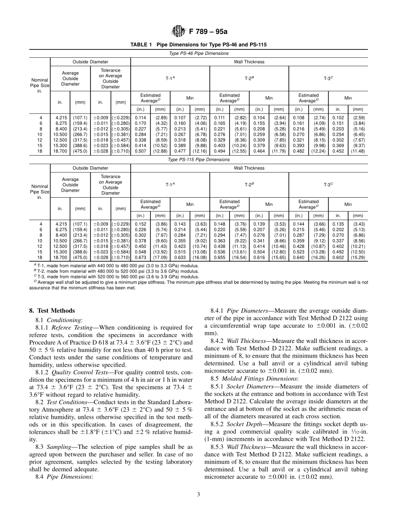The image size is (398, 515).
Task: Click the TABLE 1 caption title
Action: [x=199, y=44]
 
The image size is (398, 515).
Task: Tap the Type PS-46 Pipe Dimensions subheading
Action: [x=199, y=54]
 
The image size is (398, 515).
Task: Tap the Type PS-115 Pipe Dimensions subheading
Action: [x=199, y=160]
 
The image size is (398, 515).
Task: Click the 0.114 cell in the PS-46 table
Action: [x=140, y=118]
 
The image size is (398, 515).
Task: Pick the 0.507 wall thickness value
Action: [x=140, y=151]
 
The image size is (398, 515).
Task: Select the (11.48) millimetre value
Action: [x=358, y=151]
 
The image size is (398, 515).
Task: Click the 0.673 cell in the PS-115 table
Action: [x=140, y=257]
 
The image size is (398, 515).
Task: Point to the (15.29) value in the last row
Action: [x=358, y=257]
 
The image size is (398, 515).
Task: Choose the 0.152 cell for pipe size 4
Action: [x=140, y=224]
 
